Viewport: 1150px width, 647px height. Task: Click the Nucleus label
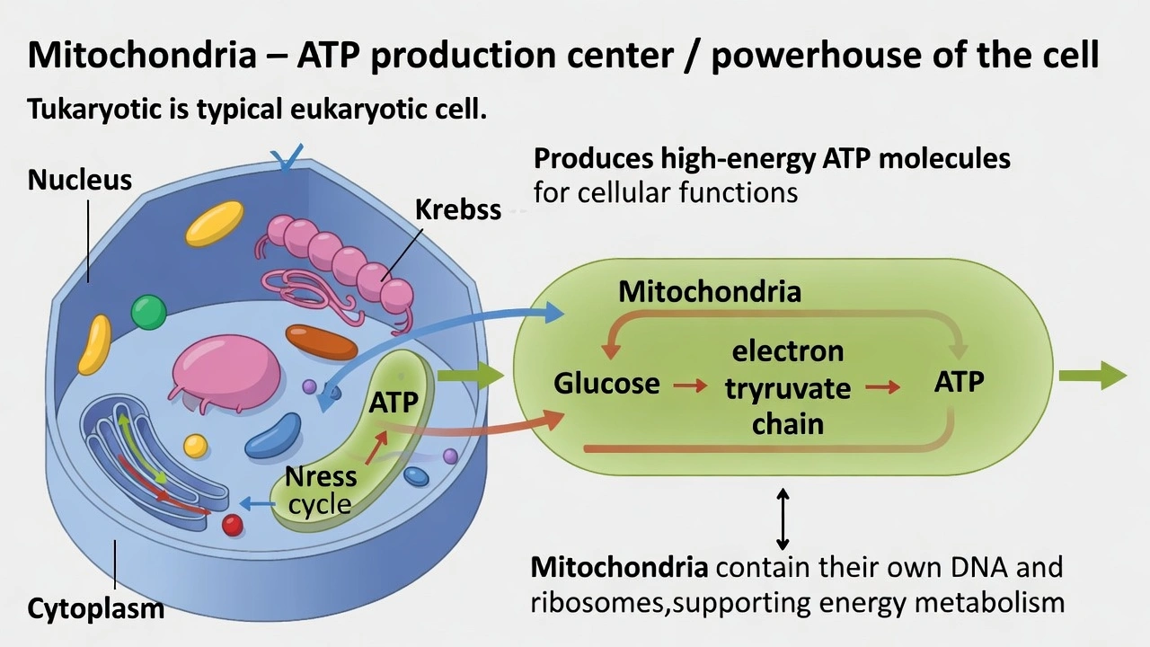[79, 180]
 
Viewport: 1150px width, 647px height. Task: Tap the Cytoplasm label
[95, 608]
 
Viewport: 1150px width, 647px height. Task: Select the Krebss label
[457, 209]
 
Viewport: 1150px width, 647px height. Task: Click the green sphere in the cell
[148, 312]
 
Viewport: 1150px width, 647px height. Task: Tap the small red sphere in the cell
[233, 525]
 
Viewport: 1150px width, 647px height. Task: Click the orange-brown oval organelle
[322, 342]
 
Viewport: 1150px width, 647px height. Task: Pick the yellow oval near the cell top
[214, 223]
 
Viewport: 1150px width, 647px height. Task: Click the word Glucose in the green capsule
[606, 384]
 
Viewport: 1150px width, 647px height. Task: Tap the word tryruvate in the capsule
[787, 388]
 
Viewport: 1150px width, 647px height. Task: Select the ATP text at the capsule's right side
[959, 382]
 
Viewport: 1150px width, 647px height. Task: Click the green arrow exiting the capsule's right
[1092, 376]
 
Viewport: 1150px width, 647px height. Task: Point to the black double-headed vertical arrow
[783, 518]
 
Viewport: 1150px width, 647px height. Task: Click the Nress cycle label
[321, 490]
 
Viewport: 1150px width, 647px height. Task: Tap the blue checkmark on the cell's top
[289, 158]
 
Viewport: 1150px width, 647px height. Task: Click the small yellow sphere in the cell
[195, 446]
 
